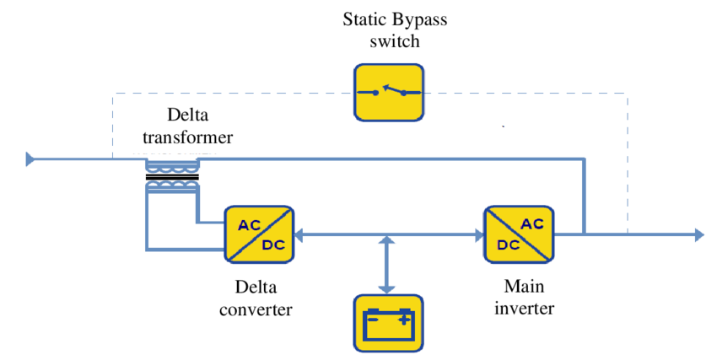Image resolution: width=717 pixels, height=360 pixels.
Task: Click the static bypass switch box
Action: point(388,92)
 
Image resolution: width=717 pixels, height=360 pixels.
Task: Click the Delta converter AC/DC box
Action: point(258,234)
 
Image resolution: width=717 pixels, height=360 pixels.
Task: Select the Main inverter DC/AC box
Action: point(517,234)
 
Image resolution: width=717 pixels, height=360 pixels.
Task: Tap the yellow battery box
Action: point(387,322)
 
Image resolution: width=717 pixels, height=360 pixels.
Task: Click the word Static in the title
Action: point(365,19)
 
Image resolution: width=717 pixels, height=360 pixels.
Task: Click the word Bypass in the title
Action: point(421,19)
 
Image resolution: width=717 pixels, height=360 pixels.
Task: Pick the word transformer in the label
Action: point(186,136)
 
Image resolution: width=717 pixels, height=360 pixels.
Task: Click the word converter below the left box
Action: point(256,309)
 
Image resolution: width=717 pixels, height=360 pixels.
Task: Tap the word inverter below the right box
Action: point(523,308)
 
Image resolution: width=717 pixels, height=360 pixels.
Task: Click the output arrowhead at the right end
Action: point(698,234)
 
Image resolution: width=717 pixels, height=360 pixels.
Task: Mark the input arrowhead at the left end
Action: point(31,159)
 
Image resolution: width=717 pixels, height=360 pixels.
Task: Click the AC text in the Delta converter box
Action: point(249,224)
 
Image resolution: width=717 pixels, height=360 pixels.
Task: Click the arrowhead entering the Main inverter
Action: point(477,234)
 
